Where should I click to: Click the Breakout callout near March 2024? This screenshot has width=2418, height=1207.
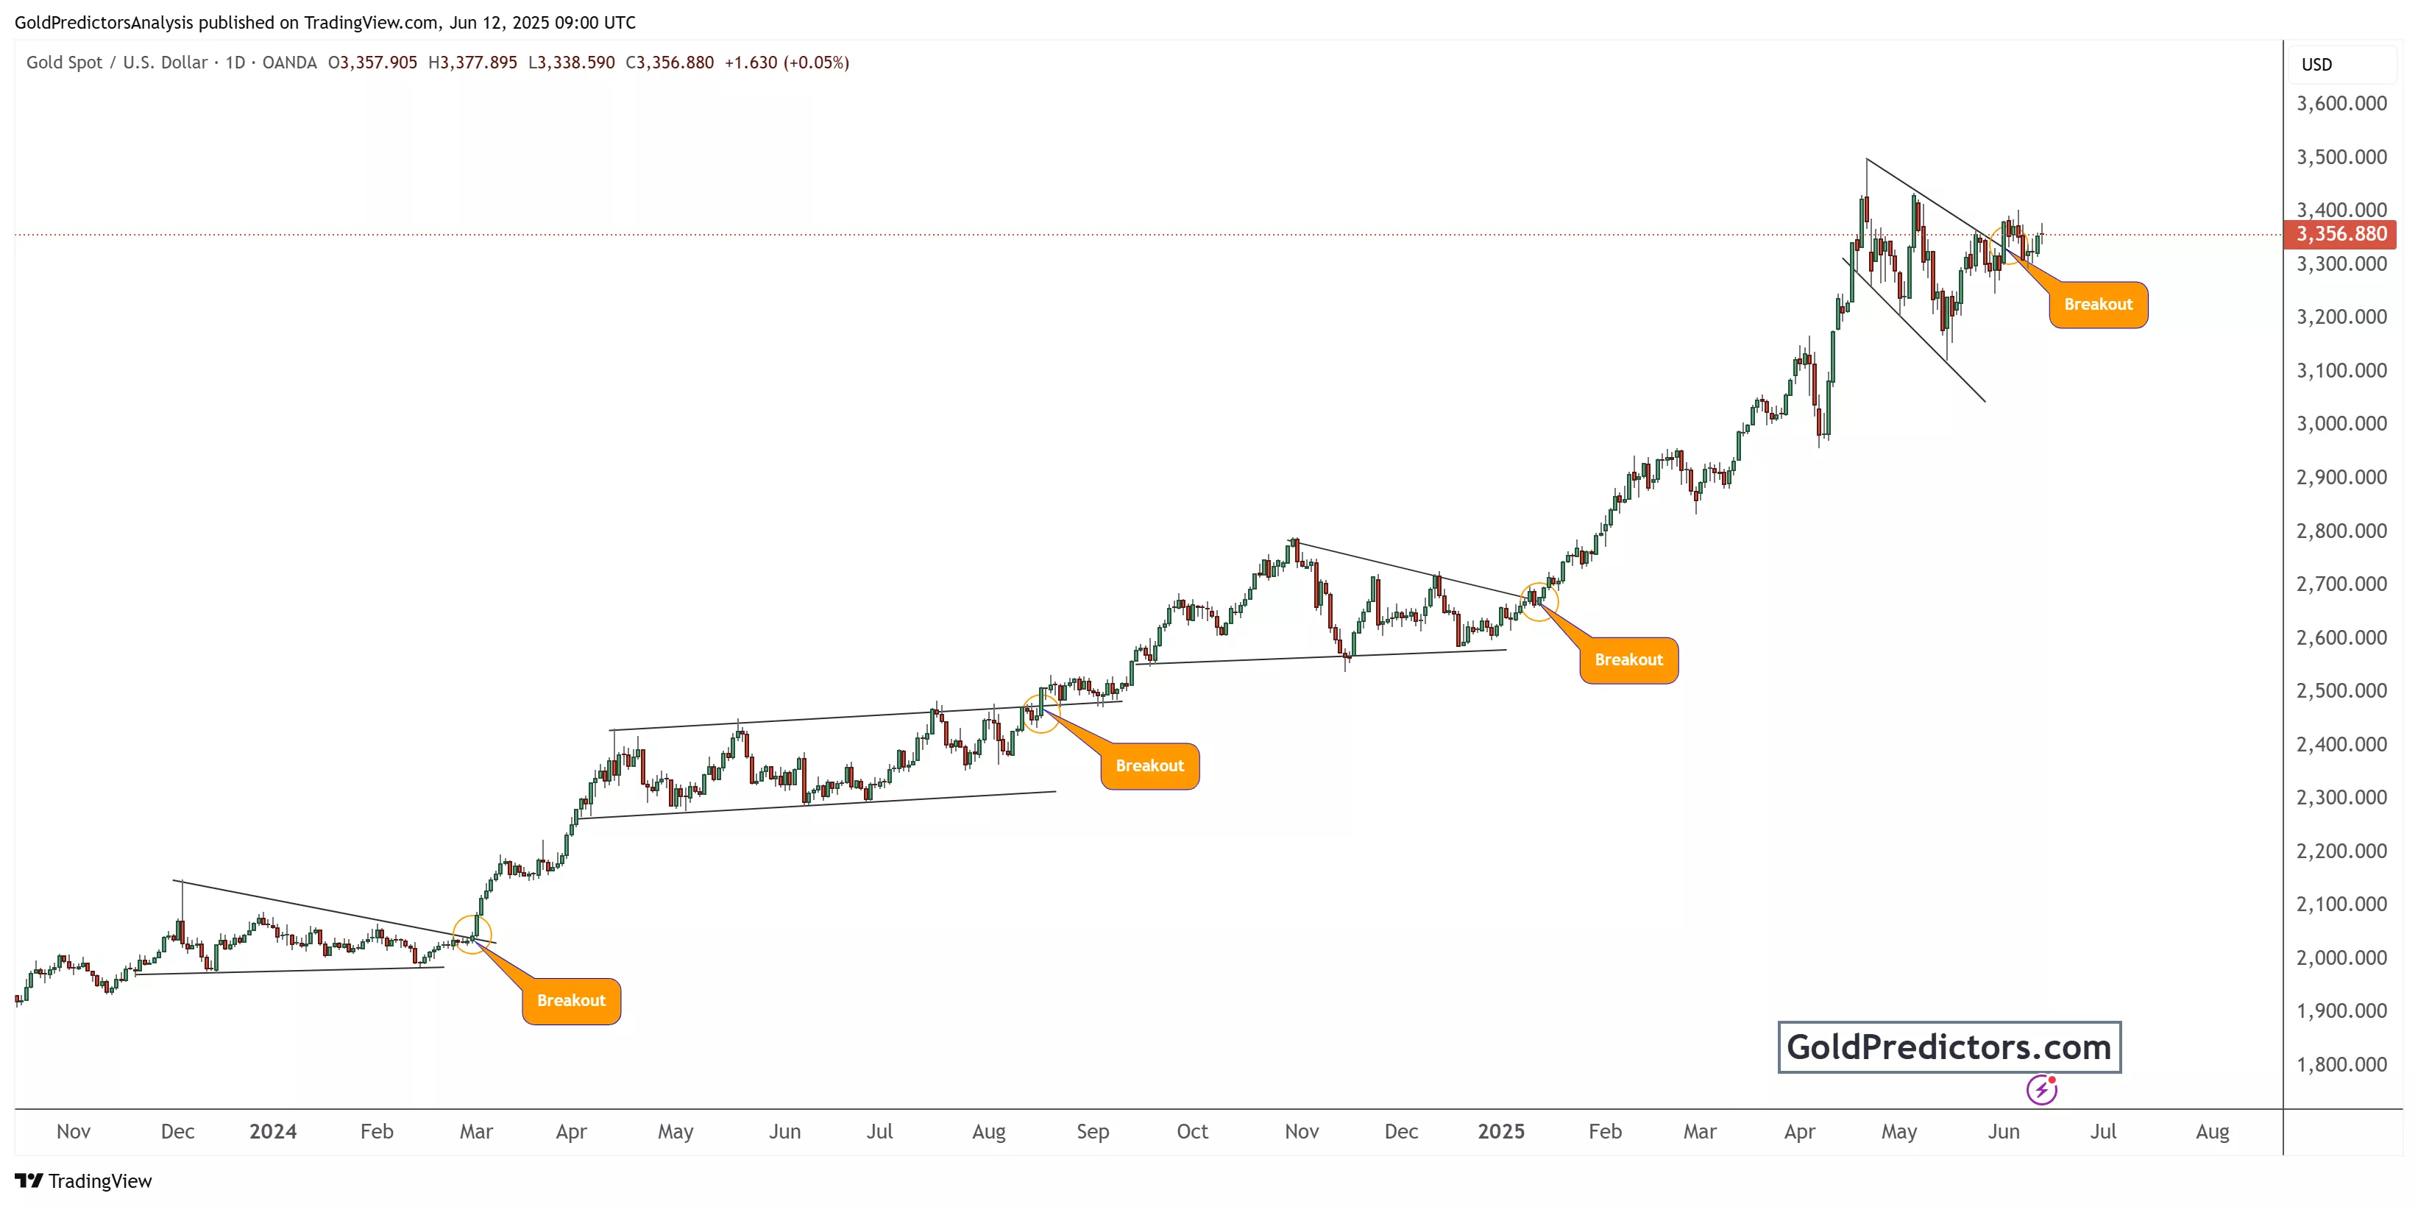click(x=571, y=1000)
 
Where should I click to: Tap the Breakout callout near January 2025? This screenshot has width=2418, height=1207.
click(x=1628, y=660)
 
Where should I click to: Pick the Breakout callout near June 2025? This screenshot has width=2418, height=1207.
click(x=2097, y=304)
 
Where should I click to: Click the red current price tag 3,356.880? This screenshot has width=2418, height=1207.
click(x=2340, y=234)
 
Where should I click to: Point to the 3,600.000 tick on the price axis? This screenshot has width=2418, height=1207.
click(x=2341, y=103)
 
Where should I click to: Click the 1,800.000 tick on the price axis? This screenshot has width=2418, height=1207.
click(x=2341, y=1064)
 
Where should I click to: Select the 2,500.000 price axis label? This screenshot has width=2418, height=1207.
click(x=2341, y=691)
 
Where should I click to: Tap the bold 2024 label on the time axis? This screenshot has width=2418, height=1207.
click(x=273, y=1131)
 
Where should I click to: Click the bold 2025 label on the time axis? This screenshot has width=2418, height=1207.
click(x=1501, y=1131)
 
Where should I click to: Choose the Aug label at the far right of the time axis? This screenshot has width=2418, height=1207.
click(x=2211, y=1131)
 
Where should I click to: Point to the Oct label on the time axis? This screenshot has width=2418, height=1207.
click(x=1192, y=1131)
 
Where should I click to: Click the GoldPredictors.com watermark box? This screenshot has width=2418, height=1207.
click(x=1949, y=1047)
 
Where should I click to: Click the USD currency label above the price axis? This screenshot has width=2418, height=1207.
click(x=2316, y=65)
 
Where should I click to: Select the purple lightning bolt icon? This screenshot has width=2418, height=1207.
click(x=2041, y=1090)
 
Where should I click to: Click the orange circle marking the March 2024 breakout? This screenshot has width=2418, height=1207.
click(x=472, y=935)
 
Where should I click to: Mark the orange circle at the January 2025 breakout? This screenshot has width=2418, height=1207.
click(x=1539, y=601)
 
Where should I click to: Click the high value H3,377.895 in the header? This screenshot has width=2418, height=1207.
click(x=472, y=63)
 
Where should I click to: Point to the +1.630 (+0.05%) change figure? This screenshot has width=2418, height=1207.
click(x=787, y=63)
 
